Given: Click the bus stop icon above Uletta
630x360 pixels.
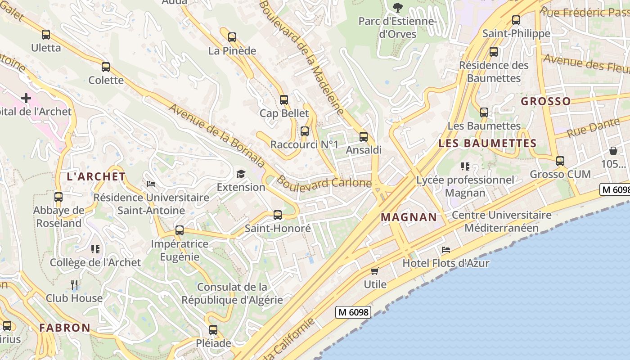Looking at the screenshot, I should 45,35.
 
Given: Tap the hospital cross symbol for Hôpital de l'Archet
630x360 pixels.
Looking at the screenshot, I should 26,98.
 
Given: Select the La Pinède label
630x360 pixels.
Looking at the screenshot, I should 232,51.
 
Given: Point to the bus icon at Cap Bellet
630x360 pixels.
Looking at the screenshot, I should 284,100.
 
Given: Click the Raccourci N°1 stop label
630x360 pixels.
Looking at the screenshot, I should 304,144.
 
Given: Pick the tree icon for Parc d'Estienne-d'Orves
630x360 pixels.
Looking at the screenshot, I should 398,7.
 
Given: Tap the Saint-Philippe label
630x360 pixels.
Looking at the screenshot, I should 516,33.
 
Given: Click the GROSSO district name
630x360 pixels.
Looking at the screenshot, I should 545,101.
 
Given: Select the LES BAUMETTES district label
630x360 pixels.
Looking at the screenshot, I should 487,144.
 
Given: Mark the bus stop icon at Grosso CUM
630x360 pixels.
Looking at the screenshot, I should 560,161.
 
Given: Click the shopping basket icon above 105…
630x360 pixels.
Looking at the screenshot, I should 613,151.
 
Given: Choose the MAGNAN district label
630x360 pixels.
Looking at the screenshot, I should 409,217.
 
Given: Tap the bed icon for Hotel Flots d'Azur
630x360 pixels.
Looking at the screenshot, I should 446,250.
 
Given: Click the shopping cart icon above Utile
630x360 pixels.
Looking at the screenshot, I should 375,271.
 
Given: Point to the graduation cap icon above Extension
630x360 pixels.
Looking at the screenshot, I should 241,174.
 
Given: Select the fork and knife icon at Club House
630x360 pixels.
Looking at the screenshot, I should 74,284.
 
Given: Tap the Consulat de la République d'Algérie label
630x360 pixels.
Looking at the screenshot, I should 232,293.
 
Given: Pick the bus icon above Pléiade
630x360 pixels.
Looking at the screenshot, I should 213,330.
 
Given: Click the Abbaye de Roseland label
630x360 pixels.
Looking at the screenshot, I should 59,216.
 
